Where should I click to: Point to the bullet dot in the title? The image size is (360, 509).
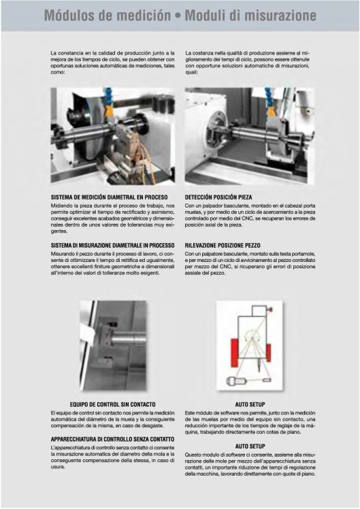[x=178, y=16]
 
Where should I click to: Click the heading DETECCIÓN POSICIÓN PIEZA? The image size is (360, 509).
[x=218, y=197]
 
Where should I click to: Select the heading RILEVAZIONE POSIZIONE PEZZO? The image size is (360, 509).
[x=223, y=246]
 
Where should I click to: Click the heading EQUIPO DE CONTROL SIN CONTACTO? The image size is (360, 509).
[x=113, y=404]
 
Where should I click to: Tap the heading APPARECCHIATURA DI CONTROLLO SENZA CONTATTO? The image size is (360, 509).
[x=113, y=439]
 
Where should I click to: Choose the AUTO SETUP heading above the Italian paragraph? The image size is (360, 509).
[x=250, y=446]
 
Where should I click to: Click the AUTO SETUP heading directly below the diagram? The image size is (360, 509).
[x=250, y=404]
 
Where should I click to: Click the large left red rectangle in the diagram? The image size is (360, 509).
[x=234, y=353]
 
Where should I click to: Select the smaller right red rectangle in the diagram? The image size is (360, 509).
[x=268, y=353]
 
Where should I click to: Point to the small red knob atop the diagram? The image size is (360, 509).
[x=270, y=310]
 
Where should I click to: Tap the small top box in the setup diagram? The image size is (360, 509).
[x=259, y=311]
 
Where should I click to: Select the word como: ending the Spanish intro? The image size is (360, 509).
[x=57, y=72]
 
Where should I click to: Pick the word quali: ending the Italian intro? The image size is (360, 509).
[x=191, y=72]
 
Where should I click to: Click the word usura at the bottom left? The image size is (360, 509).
[x=58, y=467]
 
